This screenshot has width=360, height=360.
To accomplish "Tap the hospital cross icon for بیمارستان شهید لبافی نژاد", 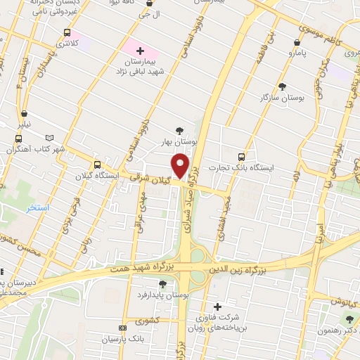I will click(x=140, y=50).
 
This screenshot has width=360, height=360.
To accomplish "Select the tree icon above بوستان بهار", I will click(x=181, y=130).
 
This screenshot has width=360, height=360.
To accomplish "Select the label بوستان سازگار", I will click(x=282, y=98).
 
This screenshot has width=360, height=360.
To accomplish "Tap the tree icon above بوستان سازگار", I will click(x=282, y=86).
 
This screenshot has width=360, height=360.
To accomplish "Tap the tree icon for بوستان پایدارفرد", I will click(x=163, y=283).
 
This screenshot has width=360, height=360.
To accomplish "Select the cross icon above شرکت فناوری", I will click(x=217, y=306).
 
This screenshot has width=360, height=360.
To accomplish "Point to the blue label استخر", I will click(x=37, y=209).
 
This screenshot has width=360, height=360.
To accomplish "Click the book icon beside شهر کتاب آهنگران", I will click(x=49, y=138).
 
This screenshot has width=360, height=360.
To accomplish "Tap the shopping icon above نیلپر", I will click(x=25, y=112).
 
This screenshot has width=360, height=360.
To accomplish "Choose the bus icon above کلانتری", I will click(x=67, y=32).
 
